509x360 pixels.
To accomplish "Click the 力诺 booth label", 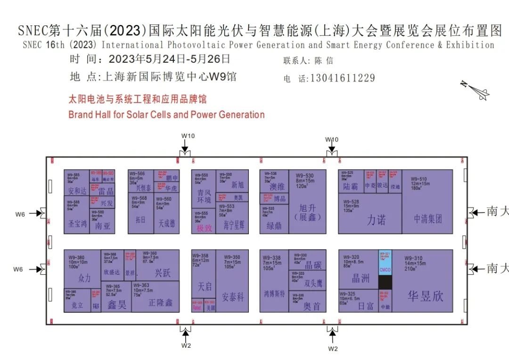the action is [x=376, y=220].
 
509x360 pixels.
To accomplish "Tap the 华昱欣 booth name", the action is [x=426, y=296].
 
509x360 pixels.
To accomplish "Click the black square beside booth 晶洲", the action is [x=385, y=282].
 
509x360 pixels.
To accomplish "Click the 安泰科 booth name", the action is [x=233, y=297].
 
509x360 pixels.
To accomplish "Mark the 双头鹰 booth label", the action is [x=313, y=284].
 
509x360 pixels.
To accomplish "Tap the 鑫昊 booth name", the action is [x=116, y=305].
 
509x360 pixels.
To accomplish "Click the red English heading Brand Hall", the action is [x=166, y=115].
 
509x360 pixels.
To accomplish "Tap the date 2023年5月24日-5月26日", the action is [x=170, y=59].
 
